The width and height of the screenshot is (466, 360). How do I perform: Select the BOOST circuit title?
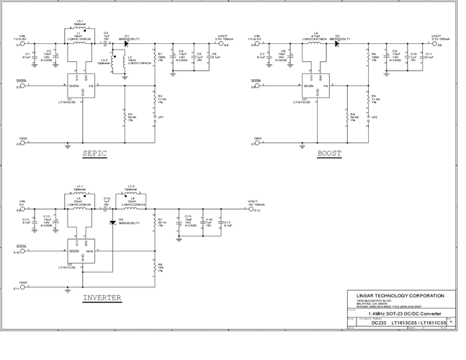tap(329, 153)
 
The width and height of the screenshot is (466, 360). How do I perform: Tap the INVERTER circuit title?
tap(106, 297)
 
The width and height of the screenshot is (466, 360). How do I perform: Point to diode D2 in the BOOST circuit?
tap(337, 44)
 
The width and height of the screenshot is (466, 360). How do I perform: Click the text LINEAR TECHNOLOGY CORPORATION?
tap(400, 295)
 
